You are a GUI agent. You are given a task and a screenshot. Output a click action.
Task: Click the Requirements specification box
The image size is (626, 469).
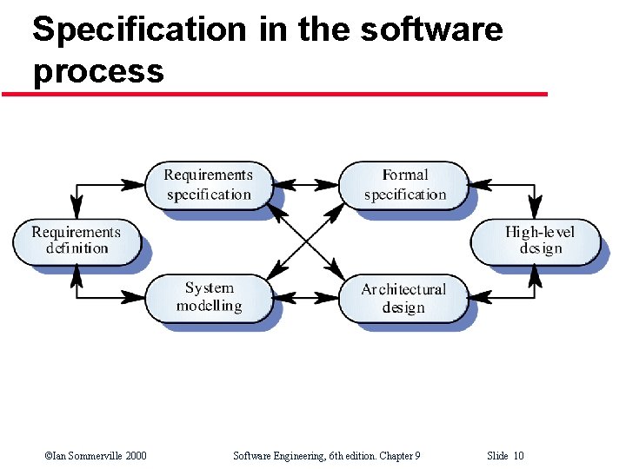[x=208, y=185]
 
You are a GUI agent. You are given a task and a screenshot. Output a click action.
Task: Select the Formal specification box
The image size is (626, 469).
[x=404, y=185]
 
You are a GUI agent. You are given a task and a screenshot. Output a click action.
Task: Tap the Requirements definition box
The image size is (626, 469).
[x=76, y=241]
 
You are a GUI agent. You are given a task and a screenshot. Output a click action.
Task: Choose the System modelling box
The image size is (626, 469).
[x=209, y=297]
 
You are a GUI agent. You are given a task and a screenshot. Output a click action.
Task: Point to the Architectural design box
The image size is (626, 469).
[x=403, y=298]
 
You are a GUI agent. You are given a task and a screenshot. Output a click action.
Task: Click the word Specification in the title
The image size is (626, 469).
[x=139, y=30]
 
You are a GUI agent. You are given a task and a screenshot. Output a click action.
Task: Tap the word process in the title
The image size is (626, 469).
[x=98, y=71]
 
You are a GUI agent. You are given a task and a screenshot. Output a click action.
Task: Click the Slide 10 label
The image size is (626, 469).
[x=505, y=456]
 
